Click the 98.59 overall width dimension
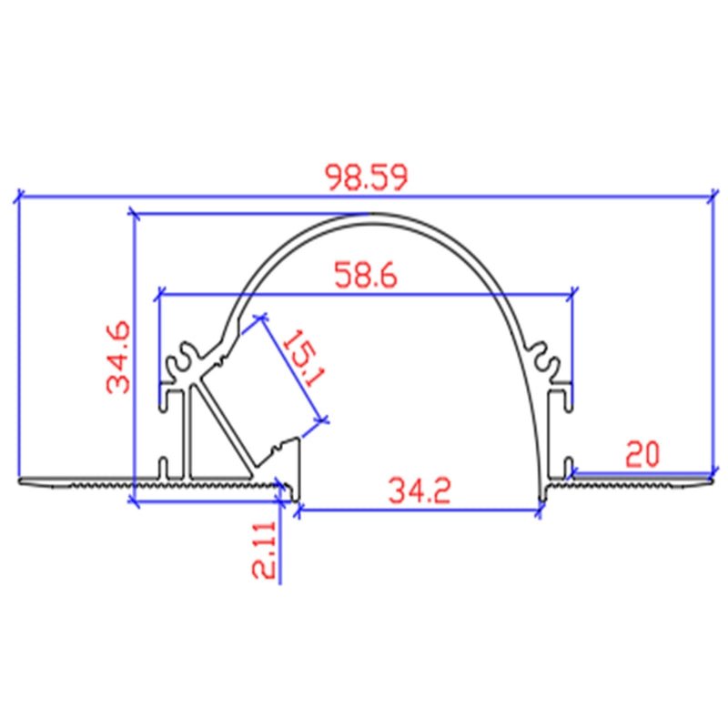(368, 177)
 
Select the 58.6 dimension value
(365, 276)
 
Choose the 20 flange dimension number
(642, 452)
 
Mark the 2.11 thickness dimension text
(264, 550)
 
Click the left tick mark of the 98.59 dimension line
(18, 194)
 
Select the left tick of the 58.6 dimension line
(160, 293)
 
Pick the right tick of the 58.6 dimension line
(573, 293)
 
